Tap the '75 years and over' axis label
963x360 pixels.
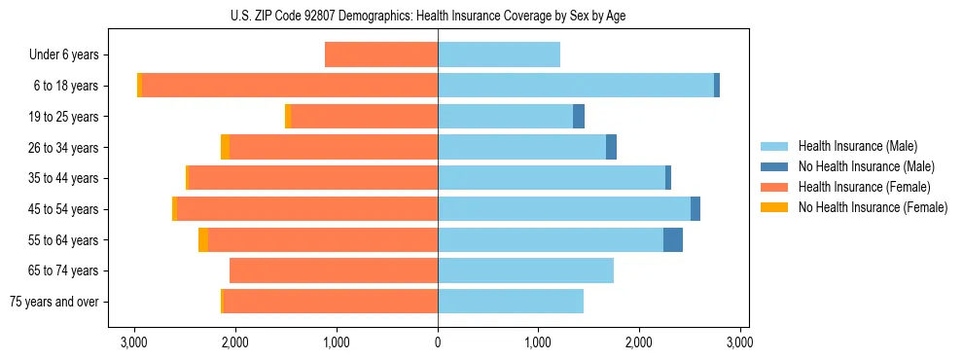[x=55, y=302]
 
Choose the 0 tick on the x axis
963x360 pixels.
[x=438, y=342]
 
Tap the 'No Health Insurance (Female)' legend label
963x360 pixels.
[x=873, y=207]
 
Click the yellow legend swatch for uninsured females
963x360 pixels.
[x=775, y=207]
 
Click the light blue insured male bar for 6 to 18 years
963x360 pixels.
[x=576, y=86]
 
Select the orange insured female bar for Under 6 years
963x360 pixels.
[x=381, y=55]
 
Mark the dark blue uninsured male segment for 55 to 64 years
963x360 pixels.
[x=673, y=239]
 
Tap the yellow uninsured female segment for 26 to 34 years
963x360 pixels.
[x=226, y=147]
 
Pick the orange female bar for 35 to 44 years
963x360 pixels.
[x=313, y=178]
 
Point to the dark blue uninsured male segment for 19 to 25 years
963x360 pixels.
[x=579, y=117]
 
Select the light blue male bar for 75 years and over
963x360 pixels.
[x=511, y=302]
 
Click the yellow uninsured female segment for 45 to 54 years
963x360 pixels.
[x=175, y=209]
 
